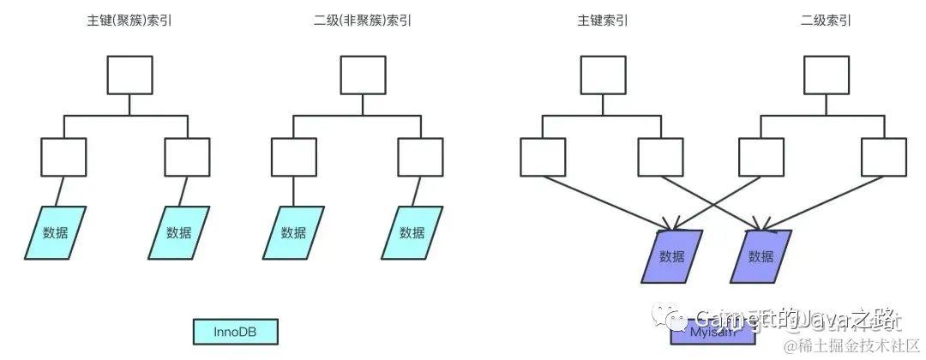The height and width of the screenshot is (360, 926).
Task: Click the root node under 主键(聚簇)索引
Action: tap(129, 75)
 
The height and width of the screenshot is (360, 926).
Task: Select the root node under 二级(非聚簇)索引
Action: tap(363, 75)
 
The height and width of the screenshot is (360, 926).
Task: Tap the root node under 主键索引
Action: tap(603, 75)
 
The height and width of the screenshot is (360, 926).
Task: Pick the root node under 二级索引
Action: tap(826, 75)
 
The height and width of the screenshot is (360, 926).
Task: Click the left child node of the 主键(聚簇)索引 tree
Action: tap(63, 157)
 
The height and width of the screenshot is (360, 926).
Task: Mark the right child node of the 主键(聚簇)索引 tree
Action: tap(187, 157)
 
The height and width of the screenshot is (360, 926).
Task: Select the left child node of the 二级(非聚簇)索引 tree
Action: tap(294, 157)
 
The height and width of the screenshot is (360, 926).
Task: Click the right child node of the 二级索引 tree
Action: tap(883, 157)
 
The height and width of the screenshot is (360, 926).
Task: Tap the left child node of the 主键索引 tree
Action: tap(543, 157)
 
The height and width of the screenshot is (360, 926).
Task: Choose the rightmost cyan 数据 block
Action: tap(412, 232)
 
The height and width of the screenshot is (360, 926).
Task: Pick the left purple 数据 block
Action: tap(672, 256)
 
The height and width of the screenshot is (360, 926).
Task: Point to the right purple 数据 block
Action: tap(761, 256)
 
